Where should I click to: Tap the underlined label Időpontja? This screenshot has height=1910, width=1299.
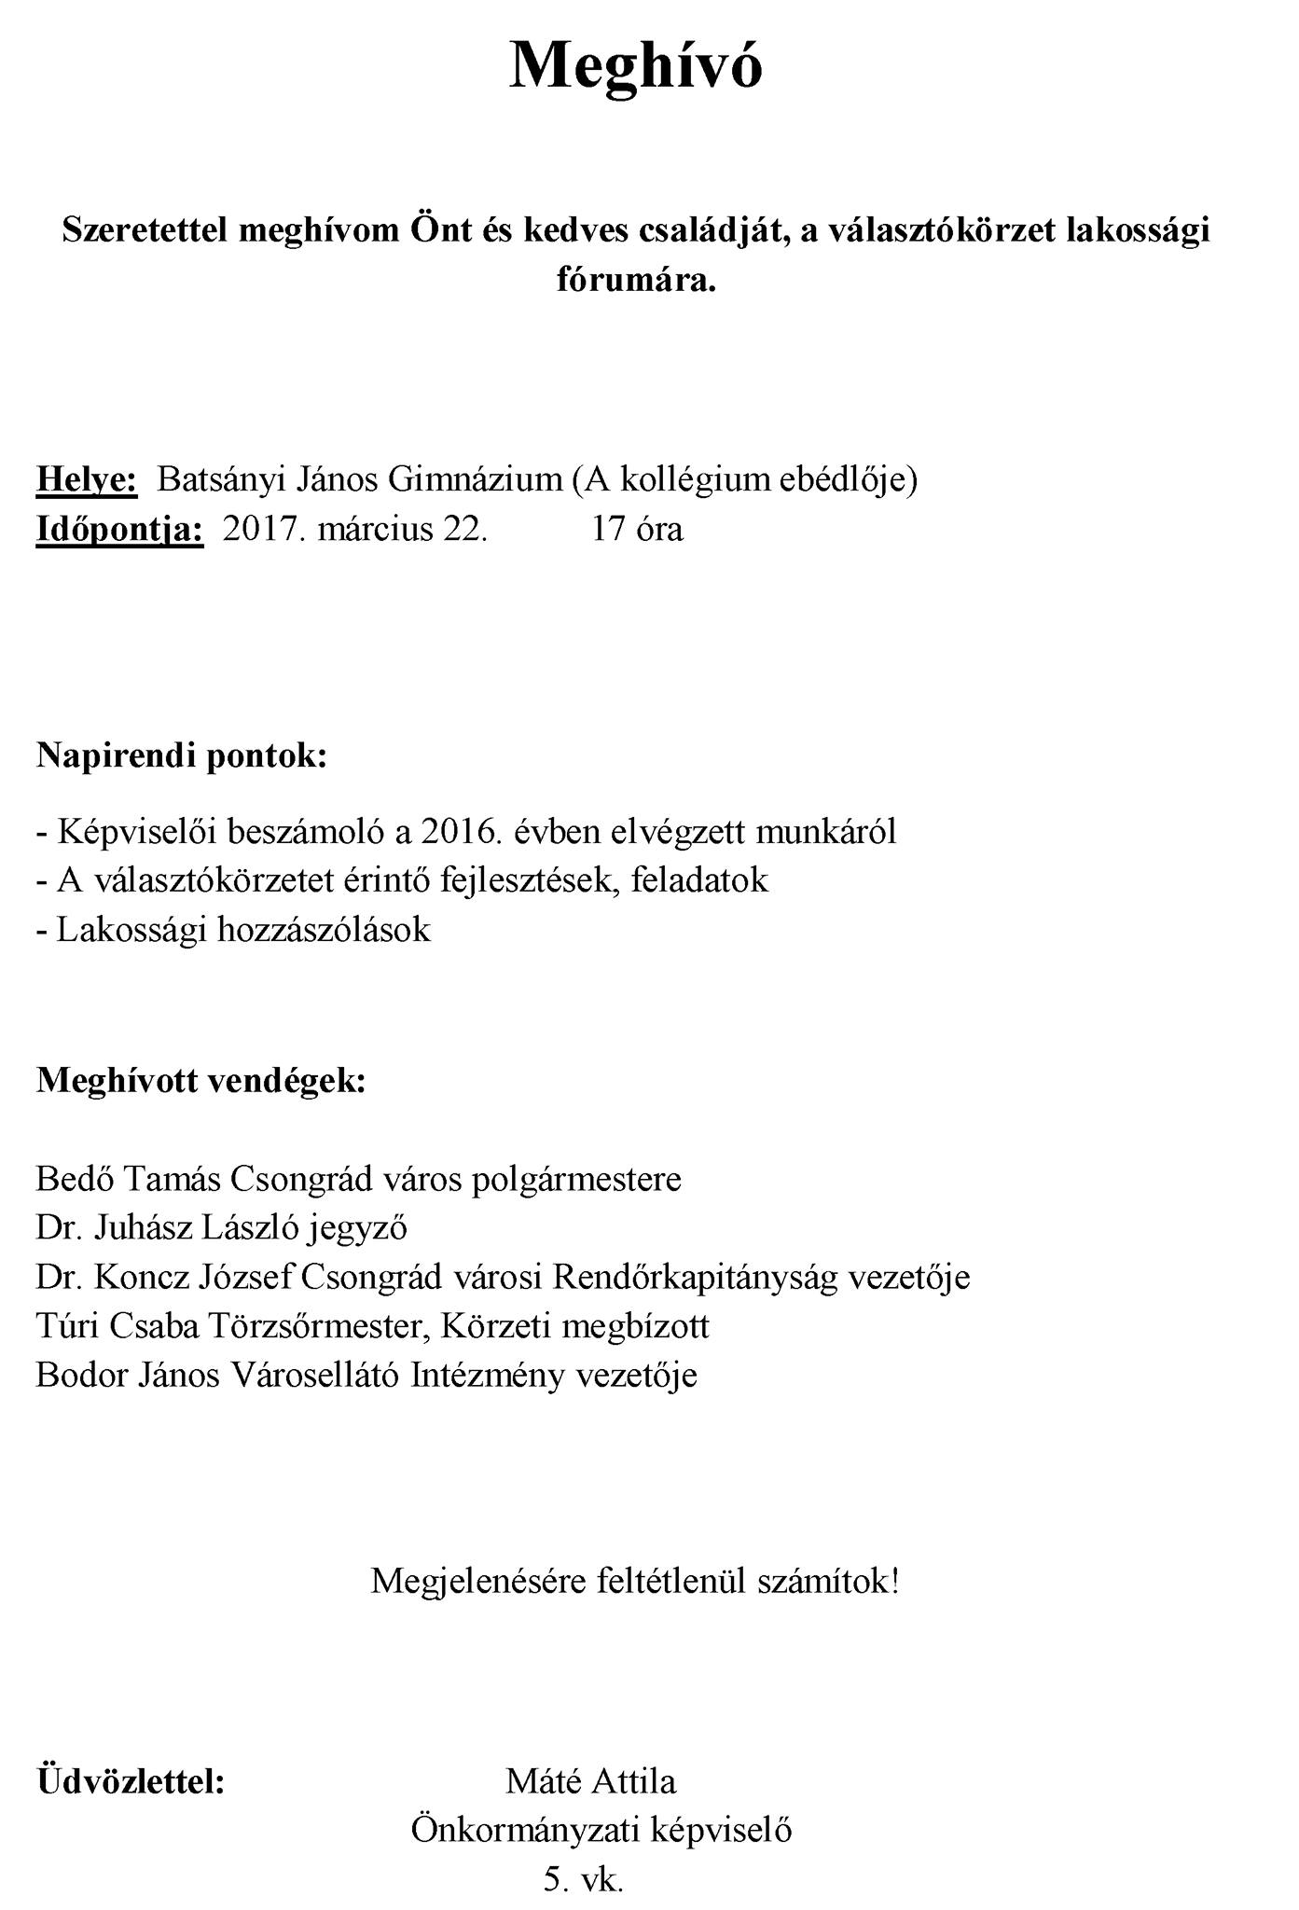click(x=119, y=529)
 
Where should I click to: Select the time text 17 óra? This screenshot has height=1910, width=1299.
click(x=637, y=529)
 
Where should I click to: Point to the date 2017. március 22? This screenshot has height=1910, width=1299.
click(x=355, y=529)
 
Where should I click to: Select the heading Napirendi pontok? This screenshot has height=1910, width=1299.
click(x=182, y=754)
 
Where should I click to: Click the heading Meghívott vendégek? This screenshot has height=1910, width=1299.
click(x=200, y=1080)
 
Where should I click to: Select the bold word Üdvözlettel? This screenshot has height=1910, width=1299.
click(x=131, y=1781)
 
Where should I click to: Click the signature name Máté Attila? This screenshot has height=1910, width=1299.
click(x=591, y=1781)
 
